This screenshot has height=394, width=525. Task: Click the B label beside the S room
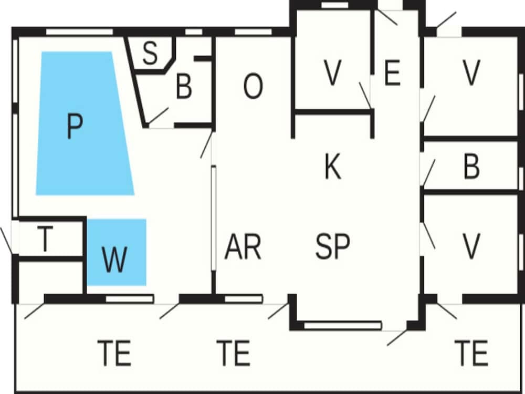coord(184,88)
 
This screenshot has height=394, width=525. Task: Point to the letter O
coord(253,88)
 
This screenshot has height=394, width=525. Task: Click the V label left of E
coord(332,74)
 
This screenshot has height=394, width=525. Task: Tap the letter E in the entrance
coord(392,74)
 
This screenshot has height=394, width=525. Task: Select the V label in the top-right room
coord(471,74)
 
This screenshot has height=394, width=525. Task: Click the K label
coord(332,168)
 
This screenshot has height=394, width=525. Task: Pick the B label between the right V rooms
coord(471,168)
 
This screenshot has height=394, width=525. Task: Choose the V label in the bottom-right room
coord(471,244)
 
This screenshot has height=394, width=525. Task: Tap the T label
coord(45,240)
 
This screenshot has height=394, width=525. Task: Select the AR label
coord(243,247)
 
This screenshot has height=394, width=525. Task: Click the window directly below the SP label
coord(342,326)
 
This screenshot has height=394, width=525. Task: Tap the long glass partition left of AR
coord(214,218)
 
